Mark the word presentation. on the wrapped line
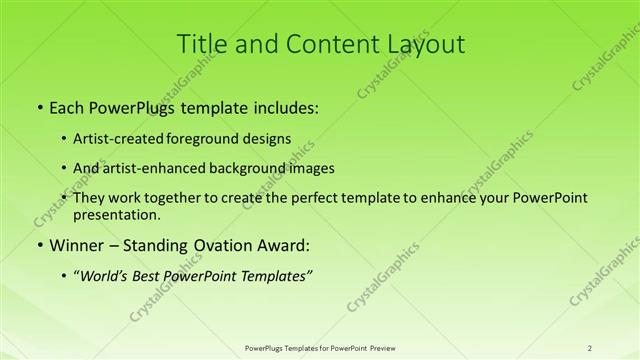116,214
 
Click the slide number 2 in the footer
590,348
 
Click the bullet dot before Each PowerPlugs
37,106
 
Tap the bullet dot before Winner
37,246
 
